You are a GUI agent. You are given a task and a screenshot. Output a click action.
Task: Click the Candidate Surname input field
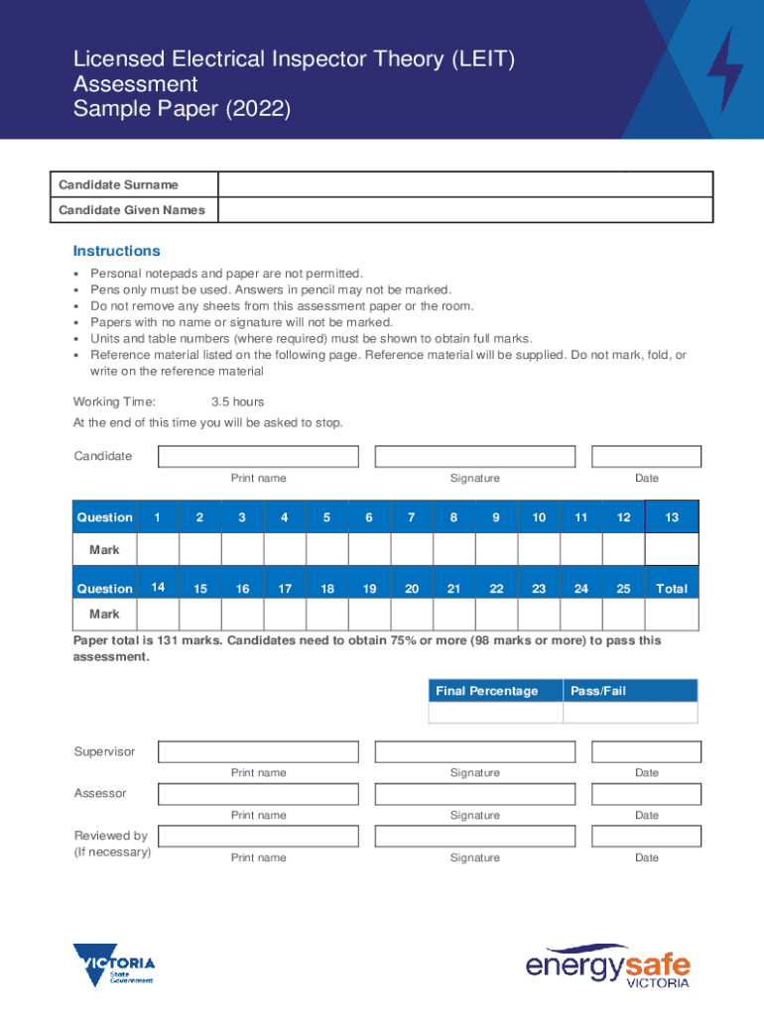[464, 184]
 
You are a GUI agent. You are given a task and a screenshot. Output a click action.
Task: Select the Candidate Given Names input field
[464, 210]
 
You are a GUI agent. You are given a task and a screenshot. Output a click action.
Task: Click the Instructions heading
[116, 251]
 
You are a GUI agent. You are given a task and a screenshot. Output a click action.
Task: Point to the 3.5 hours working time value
[237, 401]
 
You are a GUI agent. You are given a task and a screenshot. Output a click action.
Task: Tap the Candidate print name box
[258, 456]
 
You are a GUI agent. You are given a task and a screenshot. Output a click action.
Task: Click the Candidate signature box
[474, 456]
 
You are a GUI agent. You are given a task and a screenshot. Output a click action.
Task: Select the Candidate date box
[646, 456]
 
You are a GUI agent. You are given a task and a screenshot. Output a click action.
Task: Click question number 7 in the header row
[411, 517]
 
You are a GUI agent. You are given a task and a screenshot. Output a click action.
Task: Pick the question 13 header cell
[672, 517]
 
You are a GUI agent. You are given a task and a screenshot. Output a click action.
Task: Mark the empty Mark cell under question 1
[157, 549]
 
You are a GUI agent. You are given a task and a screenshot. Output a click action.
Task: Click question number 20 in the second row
[411, 589]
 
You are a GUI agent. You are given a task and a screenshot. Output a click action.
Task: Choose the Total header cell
[672, 589]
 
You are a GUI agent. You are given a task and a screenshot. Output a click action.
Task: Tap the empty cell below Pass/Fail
[630, 713]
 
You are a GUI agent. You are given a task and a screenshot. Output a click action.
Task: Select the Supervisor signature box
[474, 751]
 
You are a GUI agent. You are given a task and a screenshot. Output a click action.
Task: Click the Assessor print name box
[258, 794]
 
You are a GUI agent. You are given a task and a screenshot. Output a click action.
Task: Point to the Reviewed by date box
[646, 837]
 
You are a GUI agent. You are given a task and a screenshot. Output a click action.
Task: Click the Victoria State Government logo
[113, 964]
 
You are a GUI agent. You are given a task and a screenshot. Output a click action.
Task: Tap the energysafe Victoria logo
[607, 965]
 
